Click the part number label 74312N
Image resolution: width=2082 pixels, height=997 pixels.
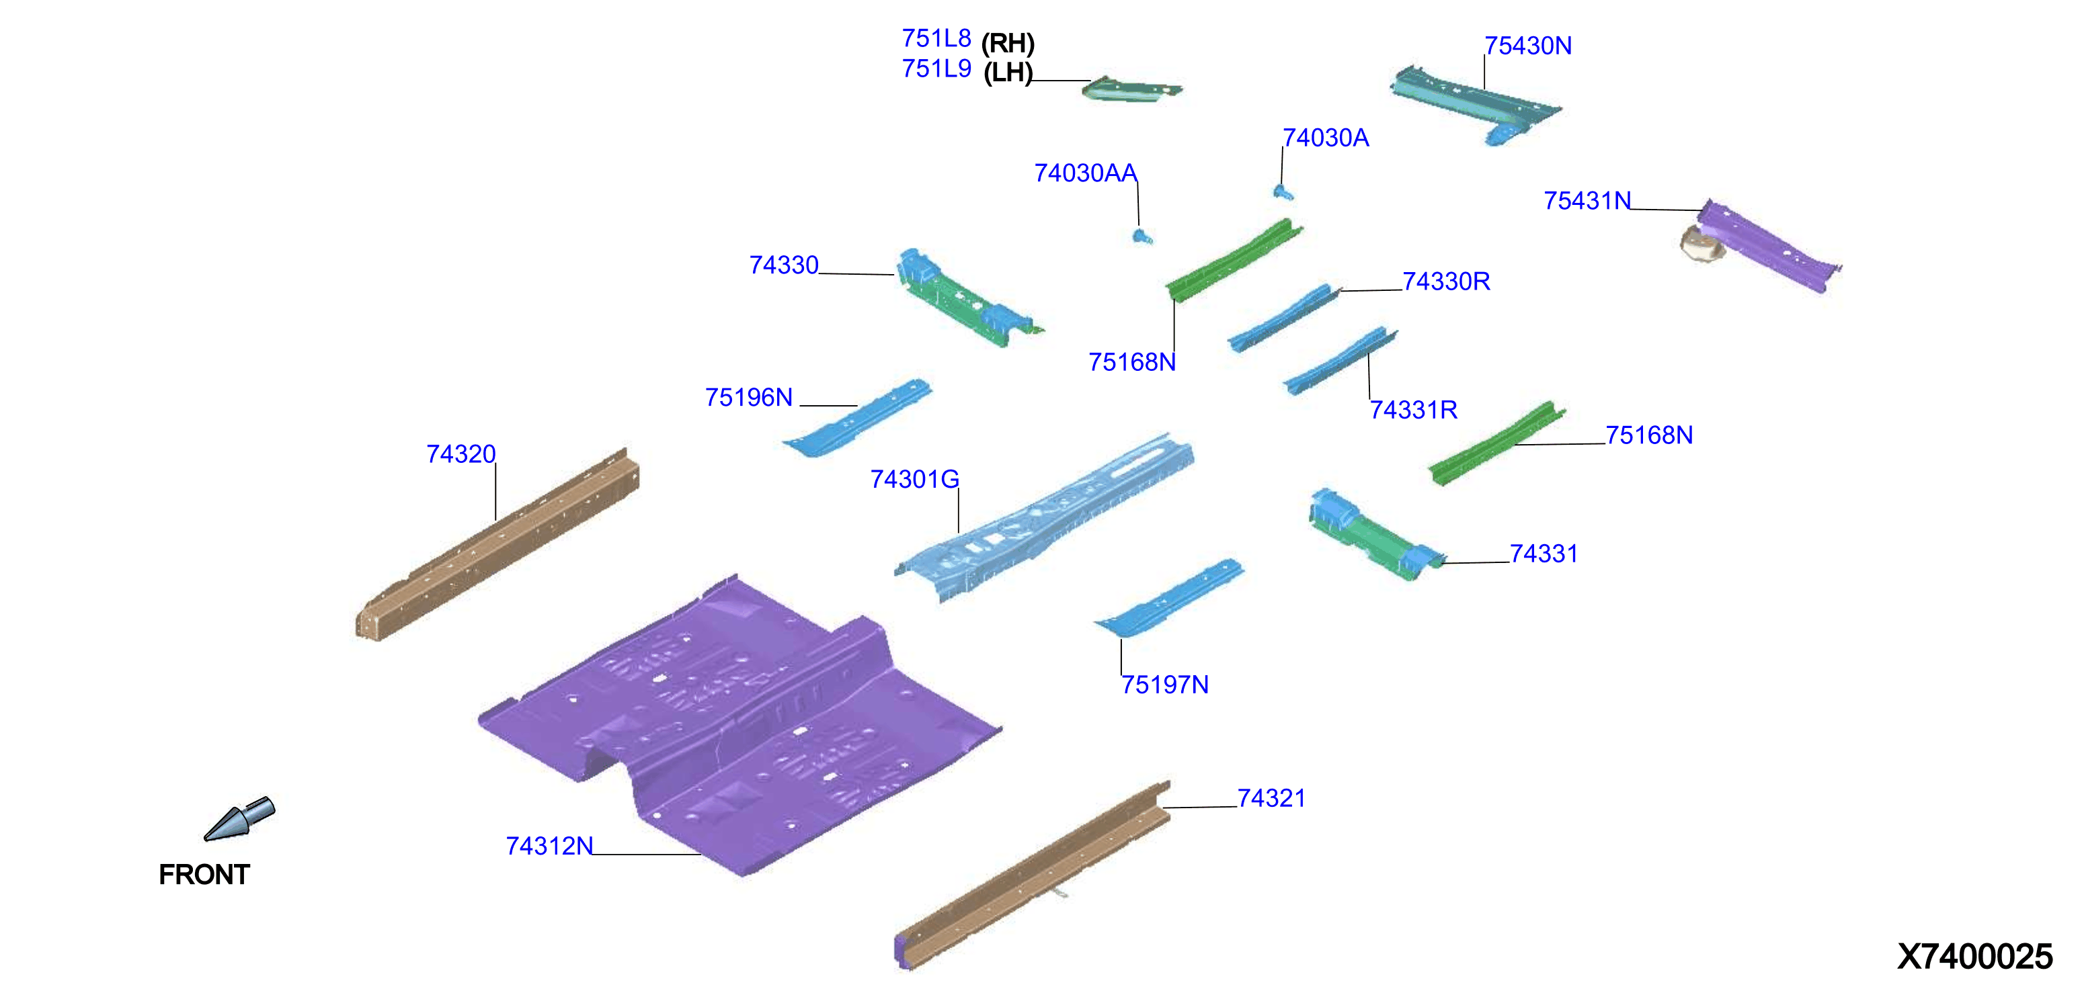550,846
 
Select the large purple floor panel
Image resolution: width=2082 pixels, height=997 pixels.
739,727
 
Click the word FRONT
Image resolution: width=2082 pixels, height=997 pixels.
204,874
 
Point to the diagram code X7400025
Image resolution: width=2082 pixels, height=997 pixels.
1974,957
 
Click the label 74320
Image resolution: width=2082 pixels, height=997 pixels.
461,454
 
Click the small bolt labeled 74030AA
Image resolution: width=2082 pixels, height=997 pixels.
1142,236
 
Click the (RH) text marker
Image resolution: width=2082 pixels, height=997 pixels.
1008,43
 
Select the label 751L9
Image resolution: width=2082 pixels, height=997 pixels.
936,69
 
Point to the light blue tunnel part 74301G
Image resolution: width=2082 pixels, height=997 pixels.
1043,518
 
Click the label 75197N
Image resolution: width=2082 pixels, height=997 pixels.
1164,685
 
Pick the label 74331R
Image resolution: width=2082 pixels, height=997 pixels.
1414,410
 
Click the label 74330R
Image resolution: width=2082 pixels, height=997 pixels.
1446,281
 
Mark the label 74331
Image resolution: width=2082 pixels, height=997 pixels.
1544,554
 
